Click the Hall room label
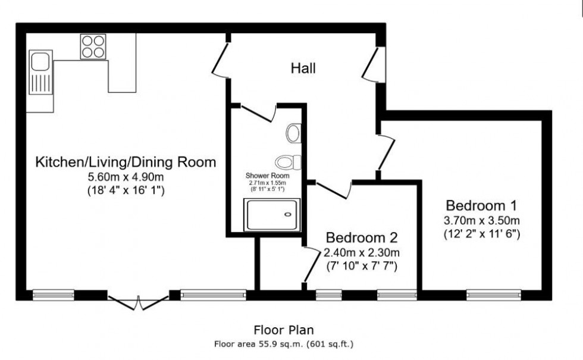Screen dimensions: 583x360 click(x=303, y=68)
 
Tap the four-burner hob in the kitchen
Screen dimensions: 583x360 click(x=93, y=46)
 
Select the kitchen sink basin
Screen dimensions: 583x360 click(x=40, y=61)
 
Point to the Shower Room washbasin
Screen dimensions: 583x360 click(x=294, y=133)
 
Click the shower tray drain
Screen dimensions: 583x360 click(x=288, y=214)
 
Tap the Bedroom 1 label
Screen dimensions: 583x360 click(x=481, y=205)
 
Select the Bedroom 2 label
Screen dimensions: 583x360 click(x=362, y=237)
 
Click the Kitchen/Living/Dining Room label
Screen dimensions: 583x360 click(x=126, y=162)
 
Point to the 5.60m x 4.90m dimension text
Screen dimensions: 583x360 click(x=126, y=177)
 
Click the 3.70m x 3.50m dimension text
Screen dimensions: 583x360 click(x=481, y=221)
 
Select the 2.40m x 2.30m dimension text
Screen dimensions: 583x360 click(x=362, y=252)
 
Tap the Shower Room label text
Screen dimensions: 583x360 click(x=267, y=176)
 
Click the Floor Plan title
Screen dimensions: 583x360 click(x=284, y=330)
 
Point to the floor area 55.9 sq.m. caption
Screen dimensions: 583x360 click(x=284, y=344)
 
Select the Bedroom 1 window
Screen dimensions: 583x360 click(x=494, y=295)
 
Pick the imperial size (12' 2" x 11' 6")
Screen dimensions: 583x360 click(x=481, y=234)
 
